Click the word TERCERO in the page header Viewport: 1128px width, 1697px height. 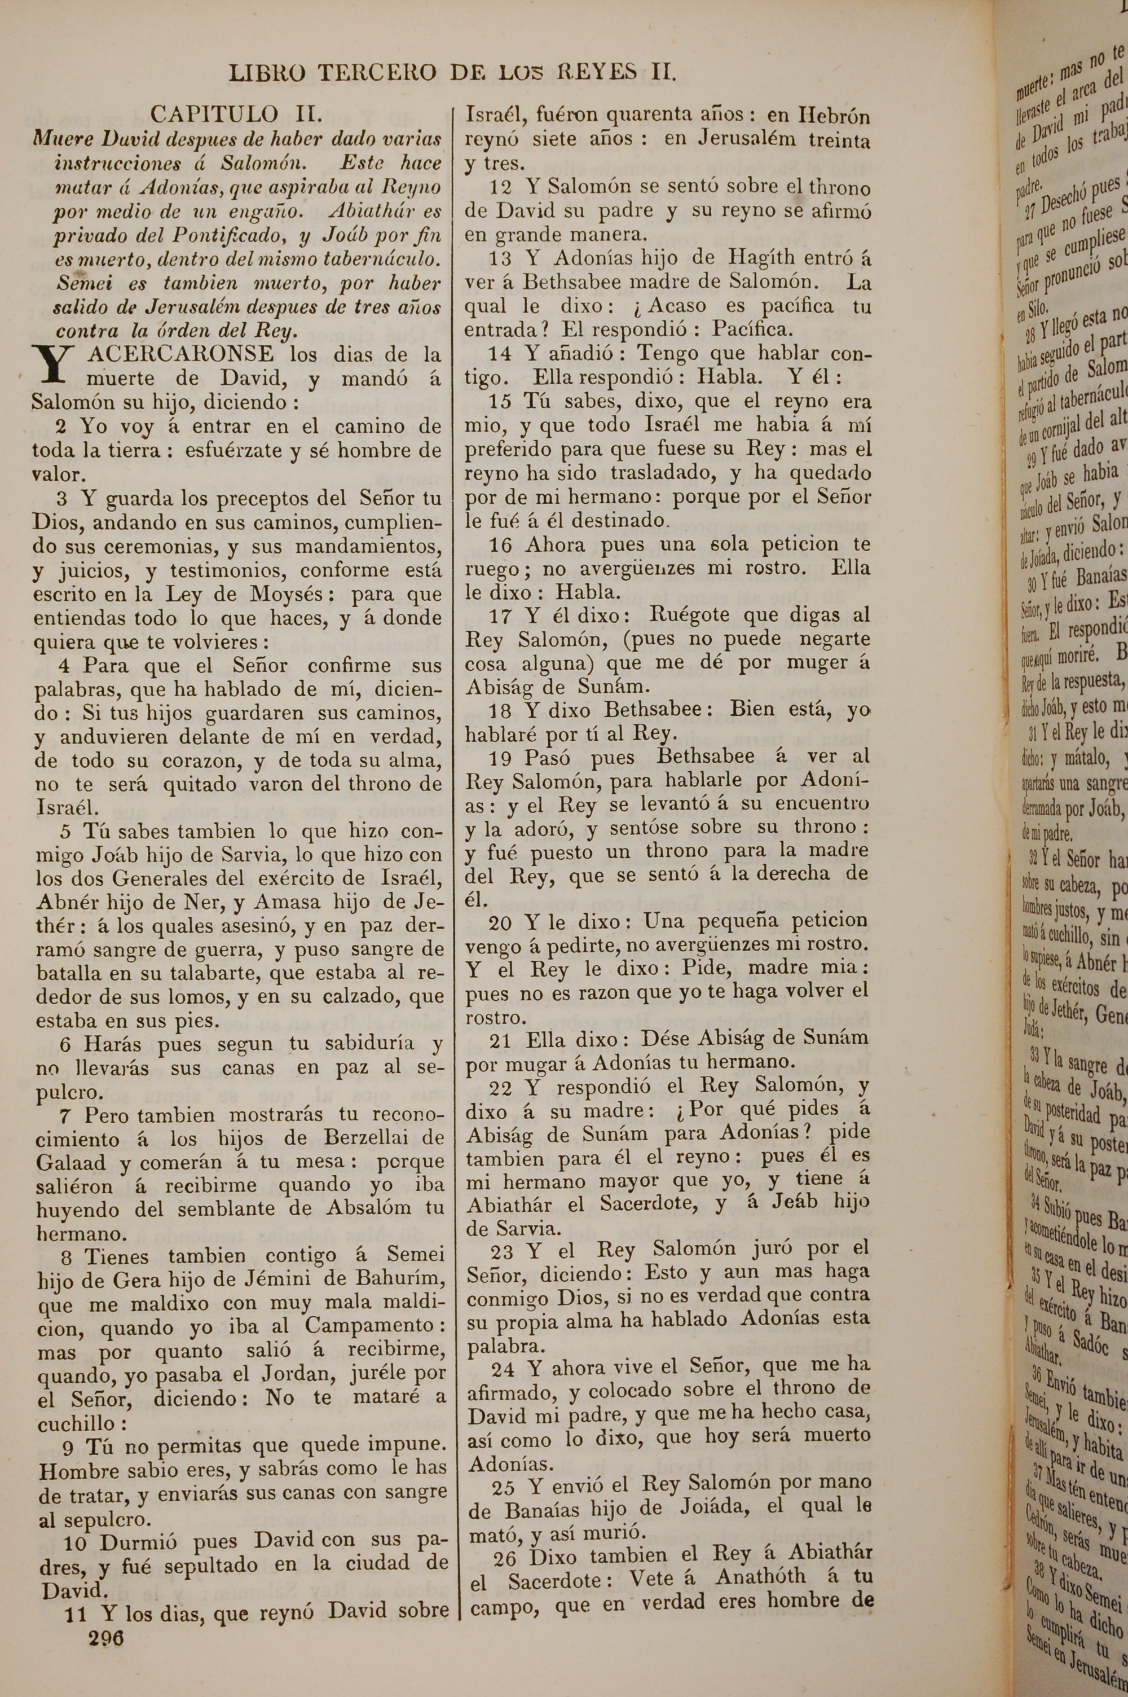(x=376, y=73)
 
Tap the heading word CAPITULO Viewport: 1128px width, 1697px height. (x=214, y=113)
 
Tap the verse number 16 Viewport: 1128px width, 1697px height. (x=502, y=544)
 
